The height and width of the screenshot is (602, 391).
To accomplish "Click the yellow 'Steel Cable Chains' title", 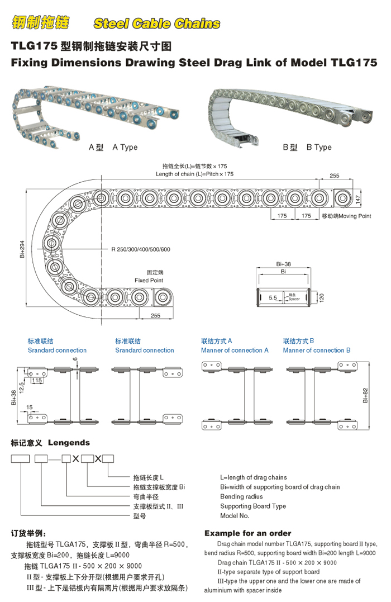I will point(157,23).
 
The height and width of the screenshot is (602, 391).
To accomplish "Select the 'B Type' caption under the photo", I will point(319,147).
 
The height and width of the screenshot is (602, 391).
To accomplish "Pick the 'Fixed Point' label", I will point(149,280).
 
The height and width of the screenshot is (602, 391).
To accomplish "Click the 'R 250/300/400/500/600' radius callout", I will point(140,249).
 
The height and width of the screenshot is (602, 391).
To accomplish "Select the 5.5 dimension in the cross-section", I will point(273,298).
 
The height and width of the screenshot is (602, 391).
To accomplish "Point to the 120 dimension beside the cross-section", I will point(322,297).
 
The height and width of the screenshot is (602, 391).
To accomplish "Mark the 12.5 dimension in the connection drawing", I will point(21,386).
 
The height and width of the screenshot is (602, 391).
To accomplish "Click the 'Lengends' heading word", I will point(69,443).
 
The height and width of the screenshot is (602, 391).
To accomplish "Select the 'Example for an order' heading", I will point(247,533).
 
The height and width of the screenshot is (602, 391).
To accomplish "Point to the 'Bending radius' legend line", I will point(241,496).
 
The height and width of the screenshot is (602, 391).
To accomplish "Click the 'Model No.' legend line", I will point(235,516).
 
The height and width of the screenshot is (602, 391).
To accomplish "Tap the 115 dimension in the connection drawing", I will point(37,380).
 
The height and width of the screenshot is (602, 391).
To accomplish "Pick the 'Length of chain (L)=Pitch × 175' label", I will point(194,174).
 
